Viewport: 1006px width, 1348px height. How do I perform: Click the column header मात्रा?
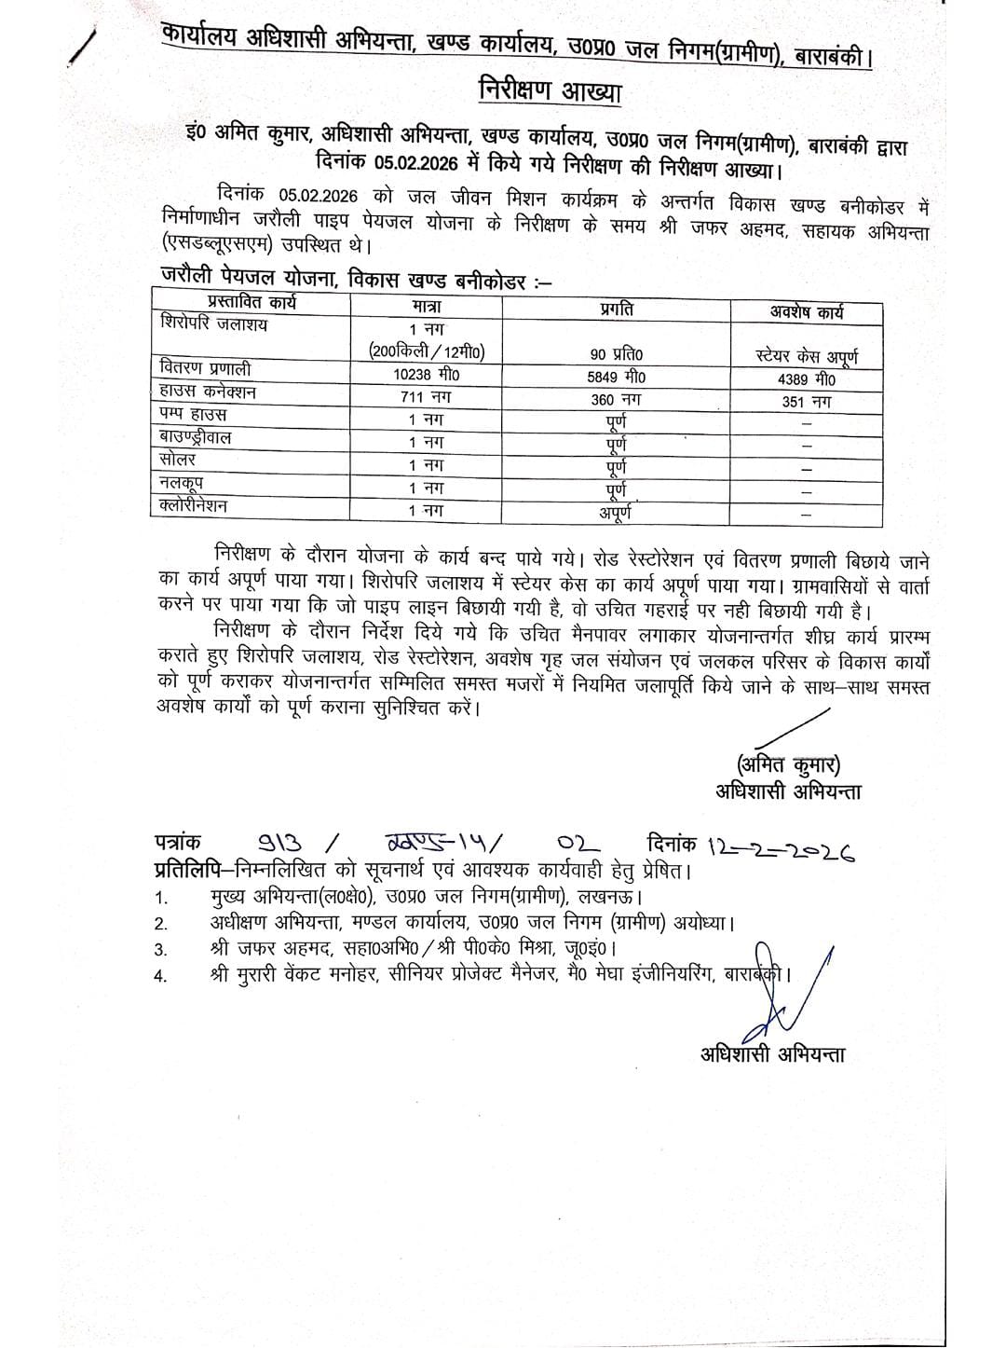pos(426,306)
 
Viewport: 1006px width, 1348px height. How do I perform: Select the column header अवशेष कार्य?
pos(806,312)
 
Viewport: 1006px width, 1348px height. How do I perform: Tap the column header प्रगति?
pos(616,309)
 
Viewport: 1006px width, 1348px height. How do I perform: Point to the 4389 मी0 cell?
pos(807,379)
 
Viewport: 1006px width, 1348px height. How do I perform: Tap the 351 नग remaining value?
pos(807,402)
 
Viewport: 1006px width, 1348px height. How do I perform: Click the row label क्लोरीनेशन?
pos(194,505)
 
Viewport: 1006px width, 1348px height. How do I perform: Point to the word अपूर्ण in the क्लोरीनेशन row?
pos(616,512)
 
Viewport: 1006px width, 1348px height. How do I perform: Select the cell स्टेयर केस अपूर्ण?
pos(807,356)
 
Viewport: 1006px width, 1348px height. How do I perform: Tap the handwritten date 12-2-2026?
pos(782,848)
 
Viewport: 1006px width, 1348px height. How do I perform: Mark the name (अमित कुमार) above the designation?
pos(787,765)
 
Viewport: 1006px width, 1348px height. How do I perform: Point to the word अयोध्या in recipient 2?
pos(698,923)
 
